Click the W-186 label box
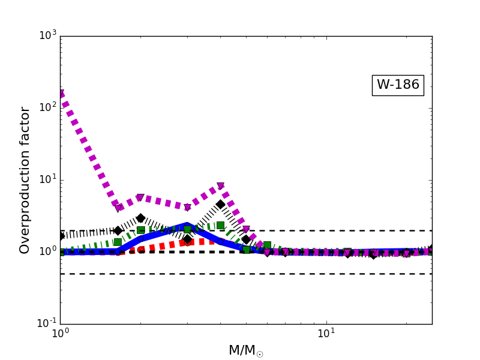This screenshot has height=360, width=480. point(398,85)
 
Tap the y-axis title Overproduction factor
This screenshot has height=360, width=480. point(25,180)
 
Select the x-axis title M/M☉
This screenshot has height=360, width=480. point(245,350)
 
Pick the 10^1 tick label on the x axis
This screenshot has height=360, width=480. point(326,334)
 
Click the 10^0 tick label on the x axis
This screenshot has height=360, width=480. point(60,334)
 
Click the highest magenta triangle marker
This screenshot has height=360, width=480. point(61,94)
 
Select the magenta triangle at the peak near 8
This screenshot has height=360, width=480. point(220,187)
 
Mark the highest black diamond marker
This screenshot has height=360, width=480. point(220,205)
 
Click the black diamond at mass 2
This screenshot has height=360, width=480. point(140,218)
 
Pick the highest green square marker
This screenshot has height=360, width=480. point(220,225)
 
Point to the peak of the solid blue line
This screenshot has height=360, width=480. point(187,226)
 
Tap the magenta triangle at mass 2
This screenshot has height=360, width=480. point(140,198)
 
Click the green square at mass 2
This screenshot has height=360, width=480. point(140,230)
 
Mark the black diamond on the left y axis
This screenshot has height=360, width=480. point(61,236)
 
